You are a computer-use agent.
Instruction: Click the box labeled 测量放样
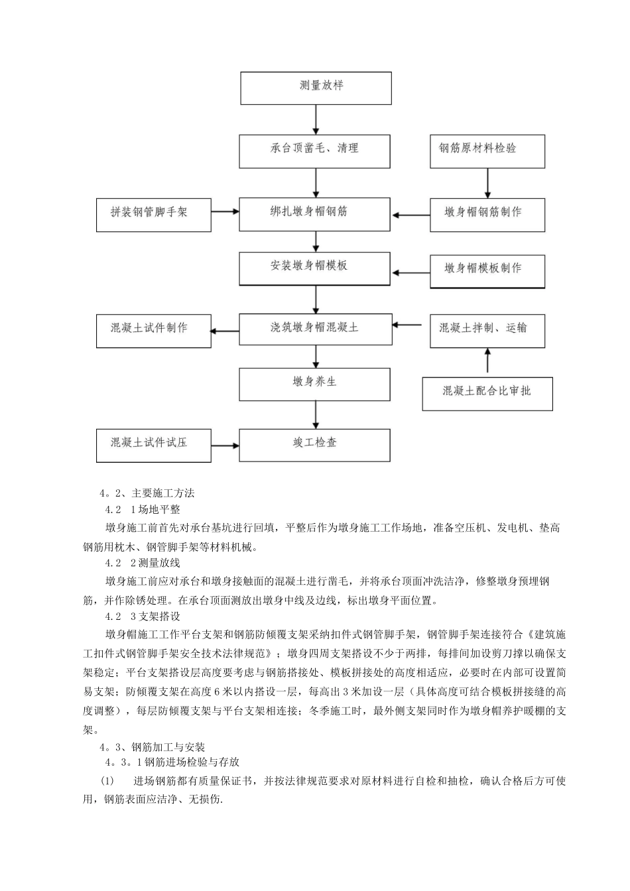pyautogui.click(x=315, y=88)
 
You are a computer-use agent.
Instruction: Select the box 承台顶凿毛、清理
pyautogui.click(x=314, y=150)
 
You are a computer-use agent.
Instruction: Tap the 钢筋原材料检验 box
pyautogui.click(x=487, y=150)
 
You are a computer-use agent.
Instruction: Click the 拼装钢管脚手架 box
pyautogui.click(x=153, y=215)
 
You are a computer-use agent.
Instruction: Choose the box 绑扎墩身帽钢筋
pyautogui.click(x=314, y=214)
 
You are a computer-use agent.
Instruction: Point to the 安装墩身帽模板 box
pyautogui.click(x=314, y=268)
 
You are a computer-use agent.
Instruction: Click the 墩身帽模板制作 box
pyautogui.click(x=487, y=271)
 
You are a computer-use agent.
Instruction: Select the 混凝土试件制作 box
pyautogui.click(x=153, y=330)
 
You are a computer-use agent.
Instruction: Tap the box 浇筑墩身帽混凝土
pyautogui.click(x=314, y=329)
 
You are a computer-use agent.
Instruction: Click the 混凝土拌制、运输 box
pyautogui.click(x=487, y=330)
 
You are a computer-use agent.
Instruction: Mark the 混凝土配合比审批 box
pyautogui.click(x=487, y=394)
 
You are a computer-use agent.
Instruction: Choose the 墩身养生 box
pyautogui.click(x=314, y=385)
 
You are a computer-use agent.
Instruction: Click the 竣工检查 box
pyautogui.click(x=314, y=444)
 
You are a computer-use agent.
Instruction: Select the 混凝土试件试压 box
pyautogui.click(x=153, y=444)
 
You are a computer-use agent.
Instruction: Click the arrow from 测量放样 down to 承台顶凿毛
pyautogui.click(x=316, y=119)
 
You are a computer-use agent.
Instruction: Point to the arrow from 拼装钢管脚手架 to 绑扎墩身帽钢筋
pyautogui.click(x=225, y=212)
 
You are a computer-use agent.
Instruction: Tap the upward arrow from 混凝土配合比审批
pyautogui.click(x=488, y=362)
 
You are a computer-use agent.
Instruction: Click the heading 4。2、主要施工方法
pyautogui.click(x=147, y=493)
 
